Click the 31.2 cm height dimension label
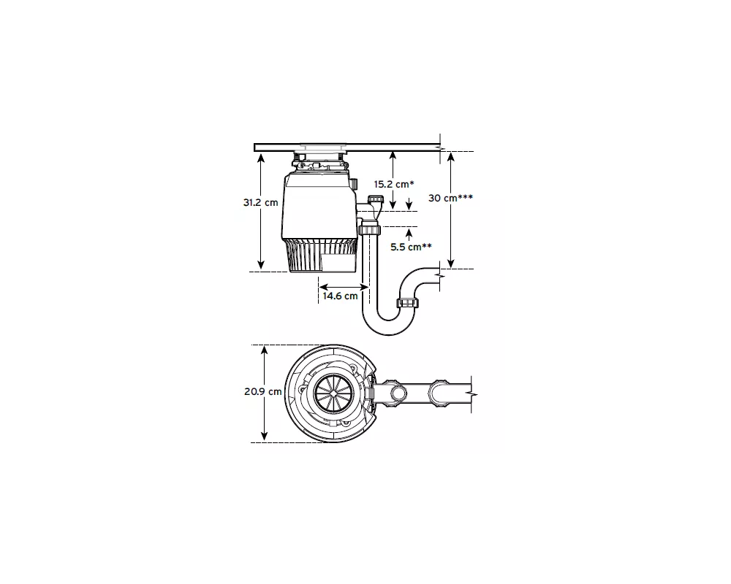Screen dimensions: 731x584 (261, 203)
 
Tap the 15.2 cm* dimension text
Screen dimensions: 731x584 (394, 184)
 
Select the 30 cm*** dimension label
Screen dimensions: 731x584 (450, 198)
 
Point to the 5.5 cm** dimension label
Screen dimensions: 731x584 (411, 247)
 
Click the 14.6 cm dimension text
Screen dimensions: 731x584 (340, 296)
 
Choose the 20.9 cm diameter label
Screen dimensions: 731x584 (263, 392)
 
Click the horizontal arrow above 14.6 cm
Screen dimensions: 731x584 (344, 287)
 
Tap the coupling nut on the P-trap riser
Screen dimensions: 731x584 (407, 303)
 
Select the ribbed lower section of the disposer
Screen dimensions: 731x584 (319, 255)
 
